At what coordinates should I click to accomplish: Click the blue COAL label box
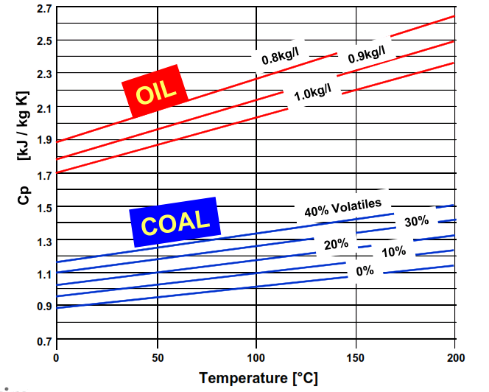tap(176, 222)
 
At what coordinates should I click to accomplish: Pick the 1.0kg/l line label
tap(312, 94)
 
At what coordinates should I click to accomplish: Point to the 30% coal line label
tap(416, 221)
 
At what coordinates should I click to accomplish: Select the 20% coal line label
tap(336, 244)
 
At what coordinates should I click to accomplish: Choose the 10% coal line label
tap(394, 252)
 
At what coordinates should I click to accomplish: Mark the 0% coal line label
tap(365, 270)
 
